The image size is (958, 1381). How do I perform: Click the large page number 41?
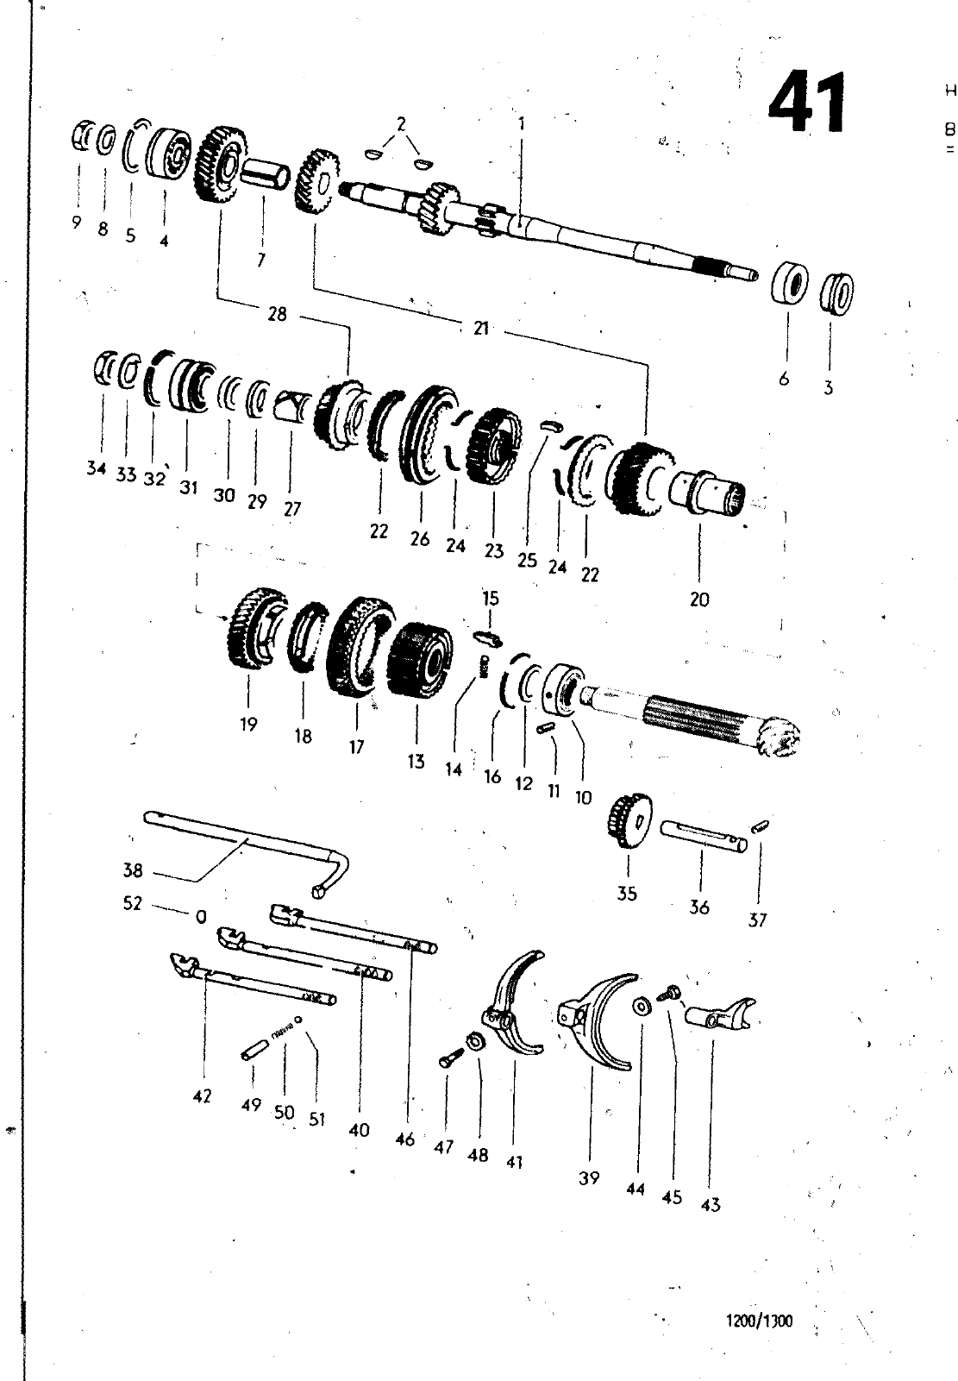[807, 103]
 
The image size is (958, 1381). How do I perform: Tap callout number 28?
[278, 314]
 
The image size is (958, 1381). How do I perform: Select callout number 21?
[481, 328]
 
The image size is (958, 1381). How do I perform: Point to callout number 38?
[133, 870]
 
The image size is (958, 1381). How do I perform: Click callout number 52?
[133, 903]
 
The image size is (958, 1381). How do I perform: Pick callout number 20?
[699, 599]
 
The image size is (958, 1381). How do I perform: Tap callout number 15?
[491, 598]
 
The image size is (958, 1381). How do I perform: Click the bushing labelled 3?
[836, 293]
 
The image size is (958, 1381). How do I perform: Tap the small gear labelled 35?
[629, 821]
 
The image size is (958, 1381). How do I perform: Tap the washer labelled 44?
[642, 1006]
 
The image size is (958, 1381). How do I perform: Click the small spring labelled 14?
[485, 667]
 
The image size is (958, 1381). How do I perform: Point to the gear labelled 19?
[256, 630]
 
